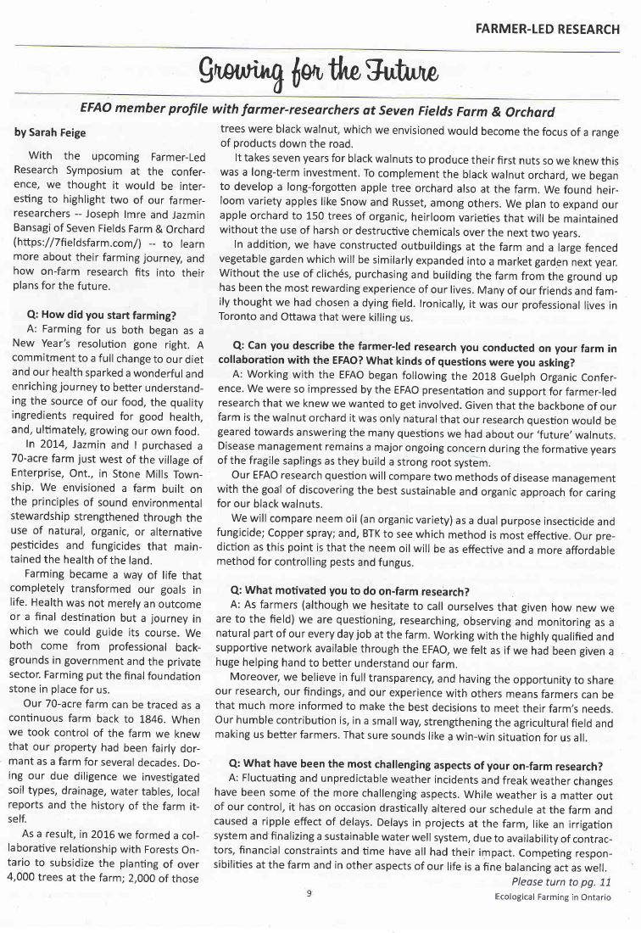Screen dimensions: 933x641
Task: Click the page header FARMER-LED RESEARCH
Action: tap(551, 28)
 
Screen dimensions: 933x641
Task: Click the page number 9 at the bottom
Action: tap(309, 916)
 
